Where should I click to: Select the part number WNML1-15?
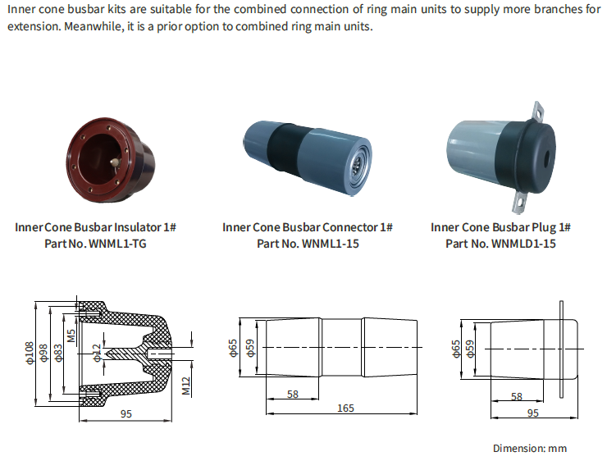coord(308,244)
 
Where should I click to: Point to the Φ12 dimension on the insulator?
coord(96,353)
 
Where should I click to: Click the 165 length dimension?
coord(345,408)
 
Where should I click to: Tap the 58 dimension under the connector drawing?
coord(293,395)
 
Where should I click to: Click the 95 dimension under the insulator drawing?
coord(126,414)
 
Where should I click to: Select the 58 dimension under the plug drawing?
coord(516,396)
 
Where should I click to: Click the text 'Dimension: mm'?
coord(529,448)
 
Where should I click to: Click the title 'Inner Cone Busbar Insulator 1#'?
coord(96,227)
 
